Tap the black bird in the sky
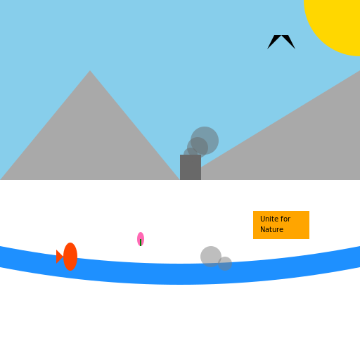[281, 40]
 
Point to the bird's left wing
[274, 41]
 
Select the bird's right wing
[288, 41]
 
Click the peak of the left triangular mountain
[90, 71]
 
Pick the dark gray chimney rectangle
[191, 167]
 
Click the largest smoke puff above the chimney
[205, 141]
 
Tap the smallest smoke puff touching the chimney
[191, 152]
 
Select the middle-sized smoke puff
[198, 148]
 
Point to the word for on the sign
[285, 219]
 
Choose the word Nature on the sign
[271, 229]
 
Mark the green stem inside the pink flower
[141, 243]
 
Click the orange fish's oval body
[70, 257]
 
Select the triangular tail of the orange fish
[59, 257]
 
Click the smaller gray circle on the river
[226, 264]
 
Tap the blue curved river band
[180, 274]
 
